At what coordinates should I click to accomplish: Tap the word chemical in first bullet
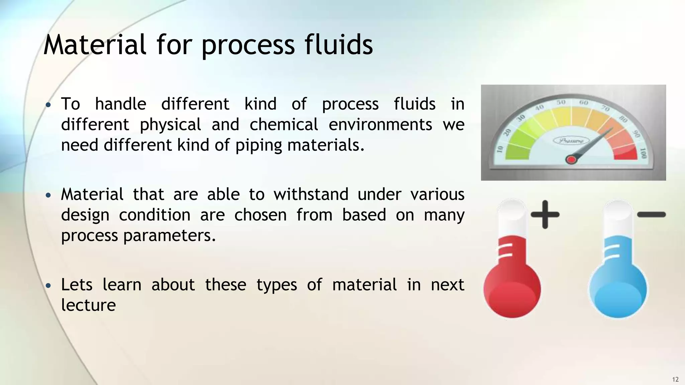pos(284,125)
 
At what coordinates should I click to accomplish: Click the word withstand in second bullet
pos(311,194)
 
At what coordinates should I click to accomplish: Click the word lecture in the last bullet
pos(88,305)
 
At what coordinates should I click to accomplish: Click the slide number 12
pos(675,379)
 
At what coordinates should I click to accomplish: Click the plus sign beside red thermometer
pos(545,215)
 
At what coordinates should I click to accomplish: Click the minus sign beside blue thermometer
pos(651,215)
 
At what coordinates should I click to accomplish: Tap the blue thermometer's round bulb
pos(617,290)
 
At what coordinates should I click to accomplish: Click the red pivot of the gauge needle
pos(571,160)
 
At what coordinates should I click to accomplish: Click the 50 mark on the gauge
pos(561,102)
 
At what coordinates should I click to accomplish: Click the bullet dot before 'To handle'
pos(48,105)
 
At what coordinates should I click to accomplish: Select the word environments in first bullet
pos(380,125)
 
